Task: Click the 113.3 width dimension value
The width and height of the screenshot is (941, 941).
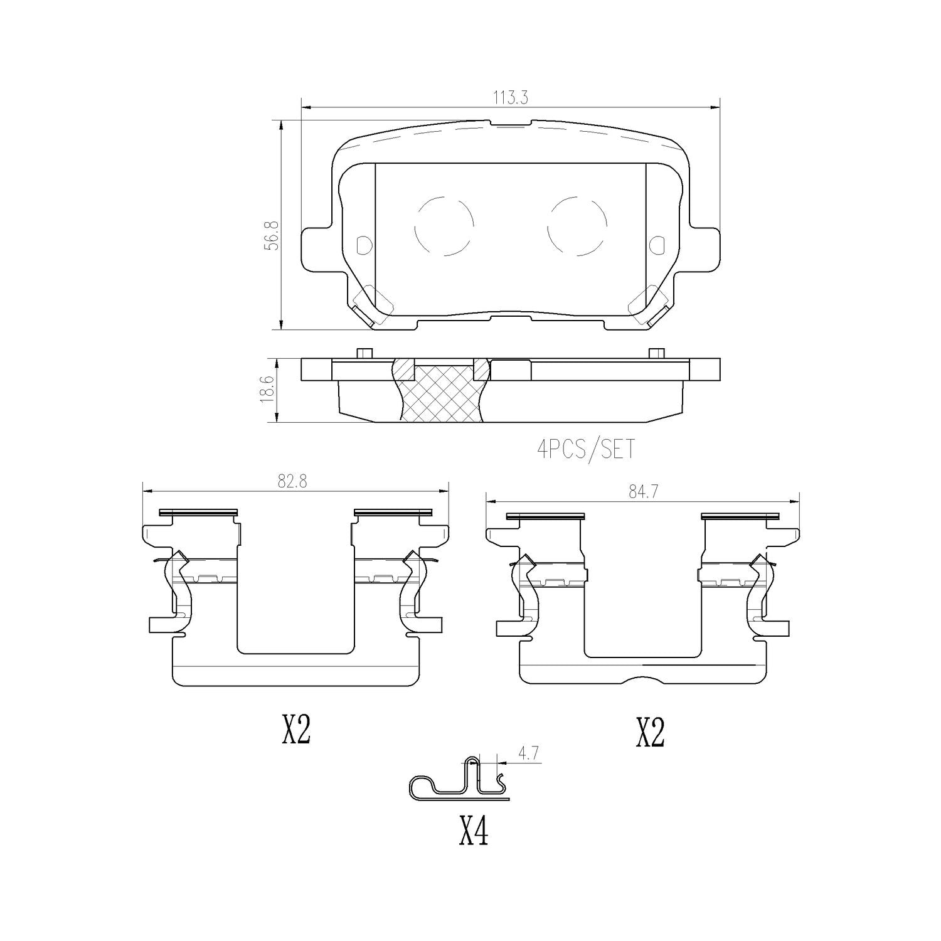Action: pyautogui.click(x=511, y=98)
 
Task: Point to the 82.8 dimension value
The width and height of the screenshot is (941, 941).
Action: pyautogui.click(x=296, y=481)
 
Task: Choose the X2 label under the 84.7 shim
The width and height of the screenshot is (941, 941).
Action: pyautogui.click(x=650, y=732)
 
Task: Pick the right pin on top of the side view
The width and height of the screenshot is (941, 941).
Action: pyautogui.click(x=656, y=353)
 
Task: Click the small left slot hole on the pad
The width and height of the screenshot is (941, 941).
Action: pyautogui.click(x=363, y=245)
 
